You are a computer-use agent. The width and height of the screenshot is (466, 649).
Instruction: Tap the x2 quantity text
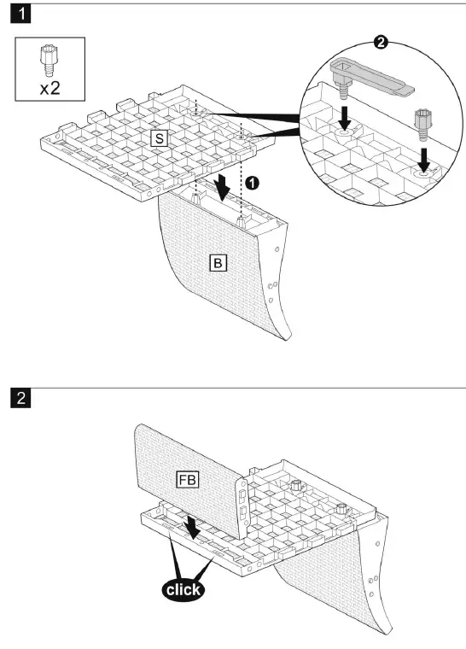point(50,88)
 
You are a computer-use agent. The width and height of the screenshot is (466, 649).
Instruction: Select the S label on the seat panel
point(158,137)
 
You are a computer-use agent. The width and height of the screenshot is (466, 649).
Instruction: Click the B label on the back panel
point(218,263)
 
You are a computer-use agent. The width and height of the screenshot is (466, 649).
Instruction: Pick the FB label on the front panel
point(187,479)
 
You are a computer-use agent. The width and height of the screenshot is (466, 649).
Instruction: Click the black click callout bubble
point(183,589)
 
